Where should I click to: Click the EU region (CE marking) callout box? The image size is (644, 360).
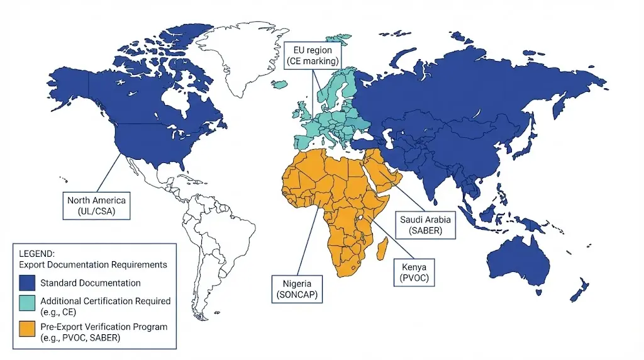click(x=312, y=55)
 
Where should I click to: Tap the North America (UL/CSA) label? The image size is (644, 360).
click(x=97, y=206)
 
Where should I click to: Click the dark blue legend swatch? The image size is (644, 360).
click(x=27, y=283)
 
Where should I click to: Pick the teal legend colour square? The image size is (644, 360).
click(x=27, y=306)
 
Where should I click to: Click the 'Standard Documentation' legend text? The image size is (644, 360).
click(x=90, y=283)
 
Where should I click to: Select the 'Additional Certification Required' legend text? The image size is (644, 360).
click(x=105, y=301)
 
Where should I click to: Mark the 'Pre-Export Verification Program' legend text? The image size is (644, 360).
click(x=104, y=327)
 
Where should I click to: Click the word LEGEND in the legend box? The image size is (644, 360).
click(x=37, y=254)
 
